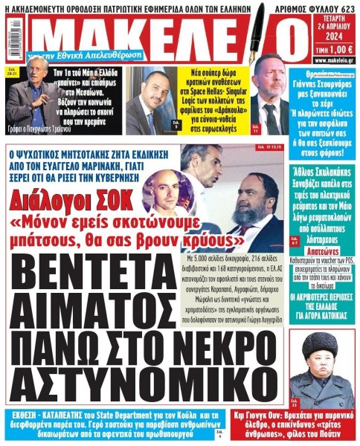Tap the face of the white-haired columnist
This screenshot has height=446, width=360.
(23, 75)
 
